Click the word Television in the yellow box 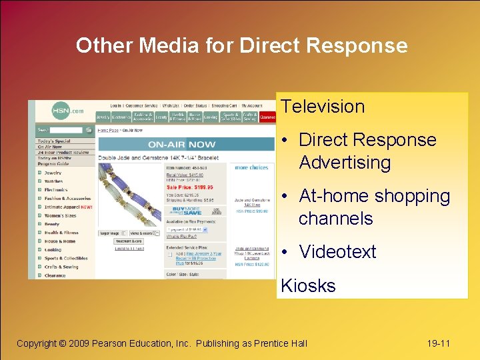(323, 107)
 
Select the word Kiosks (308, 286)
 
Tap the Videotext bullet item (337, 252)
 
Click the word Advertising (345, 163)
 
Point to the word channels (335, 219)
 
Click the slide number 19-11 (438, 343)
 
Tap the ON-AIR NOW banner (182, 144)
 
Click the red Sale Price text (190, 188)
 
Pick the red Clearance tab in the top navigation (267, 117)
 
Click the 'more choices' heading (251, 167)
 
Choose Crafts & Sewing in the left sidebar (61, 267)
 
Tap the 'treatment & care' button (128, 241)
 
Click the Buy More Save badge (185, 209)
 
